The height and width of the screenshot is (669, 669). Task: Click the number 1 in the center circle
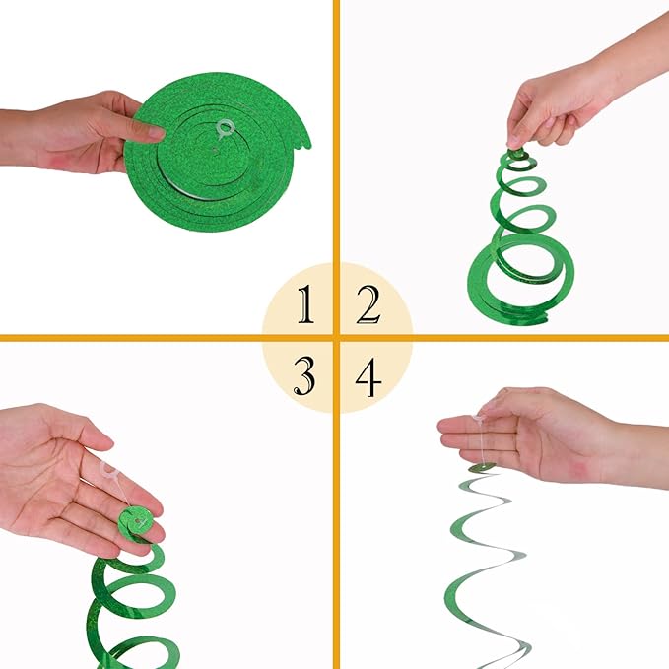click(306, 306)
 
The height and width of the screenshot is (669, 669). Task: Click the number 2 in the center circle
click(368, 306)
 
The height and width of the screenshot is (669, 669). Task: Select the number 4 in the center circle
click(368, 378)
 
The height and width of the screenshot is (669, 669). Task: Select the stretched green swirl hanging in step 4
click(487, 562)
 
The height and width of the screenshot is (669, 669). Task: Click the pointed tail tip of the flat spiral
click(306, 145)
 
